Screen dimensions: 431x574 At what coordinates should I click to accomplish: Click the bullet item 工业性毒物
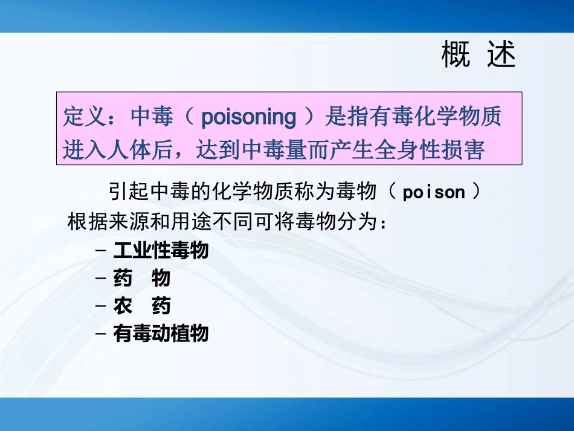pos(161,250)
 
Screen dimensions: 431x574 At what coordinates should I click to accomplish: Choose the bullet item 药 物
pos(142,278)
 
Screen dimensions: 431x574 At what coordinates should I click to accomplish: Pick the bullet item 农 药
pos(142,306)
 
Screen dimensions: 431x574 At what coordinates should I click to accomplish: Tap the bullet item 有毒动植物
pos(161,334)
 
